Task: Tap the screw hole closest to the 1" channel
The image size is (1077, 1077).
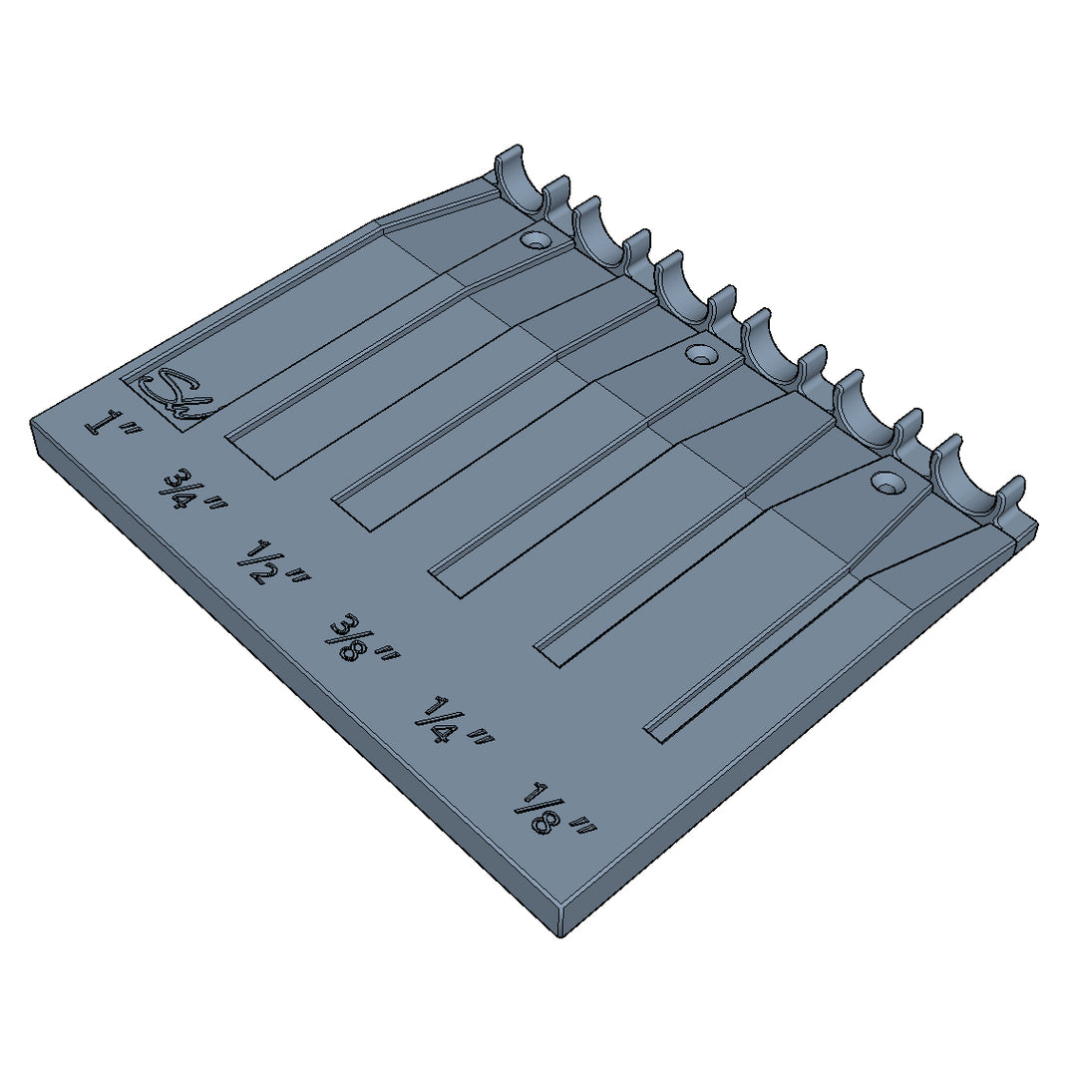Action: pos(537,240)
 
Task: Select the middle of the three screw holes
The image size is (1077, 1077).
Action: pos(703,354)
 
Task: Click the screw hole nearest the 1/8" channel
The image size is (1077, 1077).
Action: pos(885,482)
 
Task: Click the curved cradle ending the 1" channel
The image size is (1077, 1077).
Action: pos(521,179)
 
